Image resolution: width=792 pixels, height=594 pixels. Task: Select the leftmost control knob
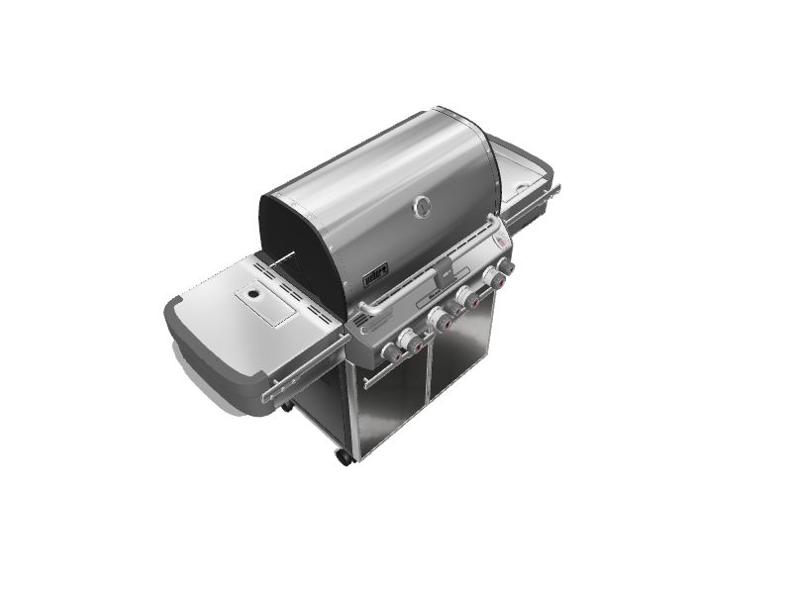click(390, 350)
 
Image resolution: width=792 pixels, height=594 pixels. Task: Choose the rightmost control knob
click(504, 267)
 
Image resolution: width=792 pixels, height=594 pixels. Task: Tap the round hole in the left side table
click(254, 295)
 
